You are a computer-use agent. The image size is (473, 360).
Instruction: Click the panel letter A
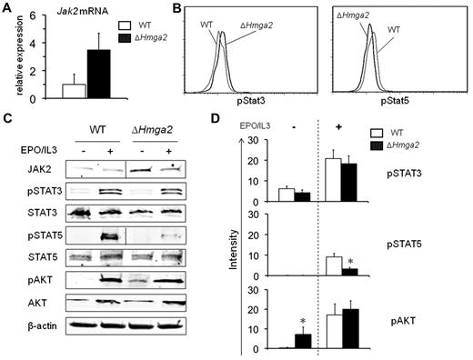click(8, 11)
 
